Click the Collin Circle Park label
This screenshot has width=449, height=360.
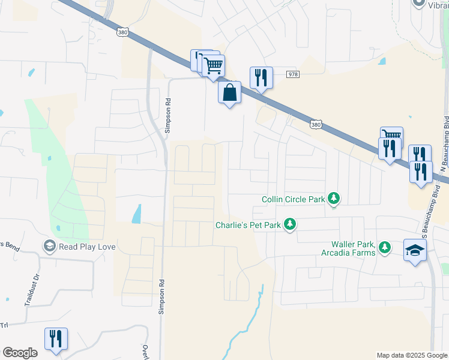pos(293,199)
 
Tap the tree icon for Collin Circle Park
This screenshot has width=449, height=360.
pos(334,199)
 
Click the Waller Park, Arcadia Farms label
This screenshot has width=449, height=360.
pos(353,248)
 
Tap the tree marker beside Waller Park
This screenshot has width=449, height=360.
pos(384,247)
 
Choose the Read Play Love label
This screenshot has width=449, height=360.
pos(86,246)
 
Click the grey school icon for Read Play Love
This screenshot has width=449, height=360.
pos(49,246)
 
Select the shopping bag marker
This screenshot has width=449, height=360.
pos(229,93)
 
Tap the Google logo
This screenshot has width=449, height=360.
pos(20,353)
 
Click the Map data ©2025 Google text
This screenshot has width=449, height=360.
pos(412,355)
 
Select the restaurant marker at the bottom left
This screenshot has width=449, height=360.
pos(56,339)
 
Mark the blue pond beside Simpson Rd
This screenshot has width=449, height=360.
pos(137,214)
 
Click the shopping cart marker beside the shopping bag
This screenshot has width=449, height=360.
pos(214,65)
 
